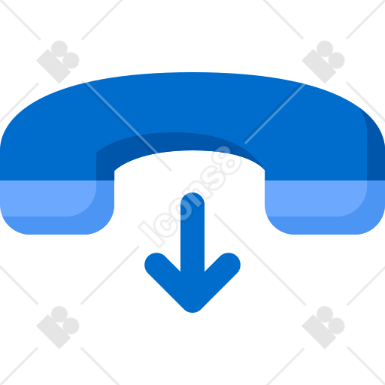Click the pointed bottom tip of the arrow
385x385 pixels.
(x=192, y=311)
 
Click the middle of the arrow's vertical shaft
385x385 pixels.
(x=192, y=233)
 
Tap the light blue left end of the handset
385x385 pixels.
(x=57, y=208)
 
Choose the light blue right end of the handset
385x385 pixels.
(x=325, y=208)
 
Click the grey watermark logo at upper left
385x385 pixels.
(x=58, y=62)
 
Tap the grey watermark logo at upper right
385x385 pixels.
(x=323, y=62)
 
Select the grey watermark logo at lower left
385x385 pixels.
(x=58, y=327)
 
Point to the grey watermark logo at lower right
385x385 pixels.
(x=323, y=327)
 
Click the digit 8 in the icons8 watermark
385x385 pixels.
(x=226, y=161)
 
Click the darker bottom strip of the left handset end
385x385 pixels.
(x=57, y=226)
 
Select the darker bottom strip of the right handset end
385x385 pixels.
(x=325, y=226)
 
